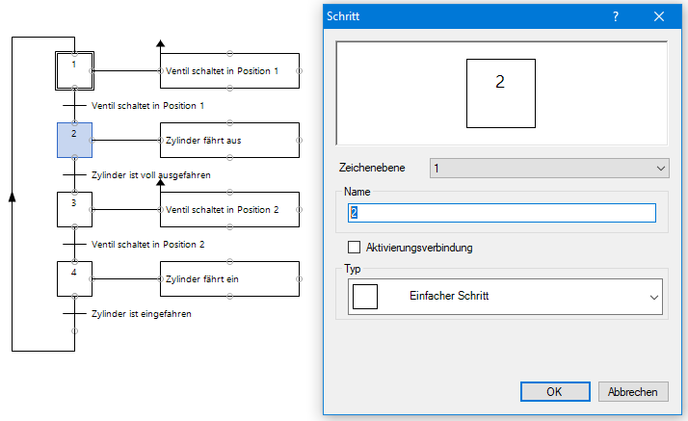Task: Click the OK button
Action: [555, 391]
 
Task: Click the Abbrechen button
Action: [633, 391]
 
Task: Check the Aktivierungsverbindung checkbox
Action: [354, 248]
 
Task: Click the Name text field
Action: [501, 213]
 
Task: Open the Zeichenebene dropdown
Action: [549, 168]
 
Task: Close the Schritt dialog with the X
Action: [660, 16]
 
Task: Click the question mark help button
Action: [616, 16]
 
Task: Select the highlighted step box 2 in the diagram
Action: [74, 140]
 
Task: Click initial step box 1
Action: [74, 69]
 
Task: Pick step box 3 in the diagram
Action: [74, 209]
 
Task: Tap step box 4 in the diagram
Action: [74, 278]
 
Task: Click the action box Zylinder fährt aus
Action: [229, 140]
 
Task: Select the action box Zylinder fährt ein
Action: [229, 278]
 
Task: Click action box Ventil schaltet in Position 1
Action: [229, 70]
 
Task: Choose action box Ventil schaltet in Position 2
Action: [229, 209]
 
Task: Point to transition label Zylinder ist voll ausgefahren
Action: [150, 174]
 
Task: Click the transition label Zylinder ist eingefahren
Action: [142, 314]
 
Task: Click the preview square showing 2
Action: [500, 92]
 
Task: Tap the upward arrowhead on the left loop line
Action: [13, 196]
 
